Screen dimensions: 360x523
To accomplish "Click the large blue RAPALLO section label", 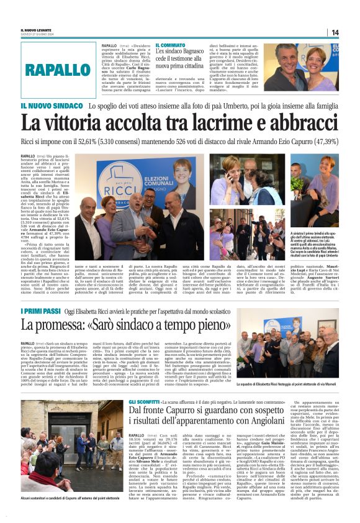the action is [58, 70].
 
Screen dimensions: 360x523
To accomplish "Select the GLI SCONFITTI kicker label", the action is [142, 403].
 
